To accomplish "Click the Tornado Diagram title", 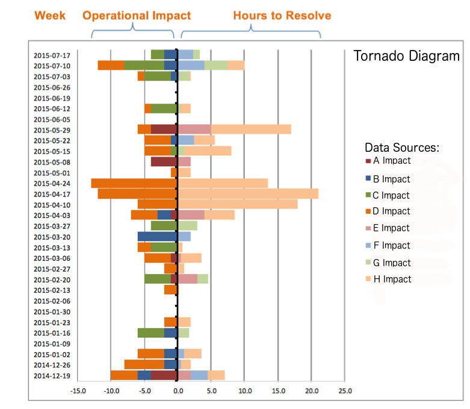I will click(x=406, y=57).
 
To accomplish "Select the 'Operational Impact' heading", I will click(x=137, y=15).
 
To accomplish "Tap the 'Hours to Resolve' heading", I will click(x=282, y=15).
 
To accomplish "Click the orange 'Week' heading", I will click(x=51, y=15).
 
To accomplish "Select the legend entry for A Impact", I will click(x=391, y=161).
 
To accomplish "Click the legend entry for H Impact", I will click(x=392, y=279).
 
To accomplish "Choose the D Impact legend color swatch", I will click(x=368, y=212).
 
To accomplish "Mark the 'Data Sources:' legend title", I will click(x=402, y=148).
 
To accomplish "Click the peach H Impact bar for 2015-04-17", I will click(x=248, y=194).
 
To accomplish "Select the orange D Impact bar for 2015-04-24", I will click(x=134, y=183).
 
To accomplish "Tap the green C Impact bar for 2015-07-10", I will click(x=144, y=66).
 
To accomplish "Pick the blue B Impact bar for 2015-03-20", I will click(x=157, y=237).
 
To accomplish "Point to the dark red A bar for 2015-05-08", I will click(x=164, y=161).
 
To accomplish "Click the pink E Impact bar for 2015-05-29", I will click(x=194, y=130).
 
